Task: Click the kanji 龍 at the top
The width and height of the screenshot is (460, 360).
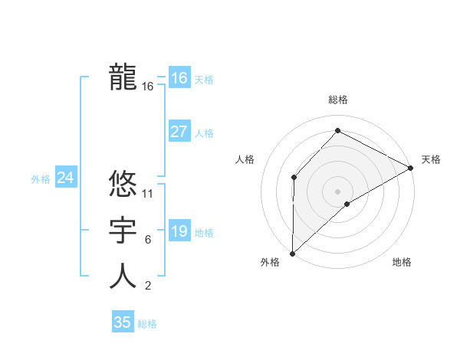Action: click(123, 77)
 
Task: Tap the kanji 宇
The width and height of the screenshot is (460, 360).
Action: click(123, 231)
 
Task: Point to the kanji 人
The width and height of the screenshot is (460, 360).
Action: click(123, 277)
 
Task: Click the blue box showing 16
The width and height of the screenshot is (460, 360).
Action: click(179, 78)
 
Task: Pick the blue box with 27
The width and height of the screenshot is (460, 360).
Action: click(179, 132)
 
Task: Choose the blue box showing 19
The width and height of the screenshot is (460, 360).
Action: click(179, 231)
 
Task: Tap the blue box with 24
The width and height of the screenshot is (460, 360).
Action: click(66, 178)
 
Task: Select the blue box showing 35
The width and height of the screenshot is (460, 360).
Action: click(123, 322)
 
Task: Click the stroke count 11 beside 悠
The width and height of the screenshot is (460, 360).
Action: click(148, 194)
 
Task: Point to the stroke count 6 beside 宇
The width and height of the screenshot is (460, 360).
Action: click(147, 240)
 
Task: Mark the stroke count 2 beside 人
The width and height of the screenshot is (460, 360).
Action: click(147, 286)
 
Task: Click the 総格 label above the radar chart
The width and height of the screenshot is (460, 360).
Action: click(337, 100)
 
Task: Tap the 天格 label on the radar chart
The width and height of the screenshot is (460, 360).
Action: click(431, 159)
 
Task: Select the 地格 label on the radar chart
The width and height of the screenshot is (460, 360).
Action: click(402, 262)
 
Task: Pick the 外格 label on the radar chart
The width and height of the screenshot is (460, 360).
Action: click(270, 262)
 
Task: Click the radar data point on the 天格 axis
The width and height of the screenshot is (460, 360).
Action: click(411, 168)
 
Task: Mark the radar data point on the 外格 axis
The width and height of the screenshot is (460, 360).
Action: click(292, 253)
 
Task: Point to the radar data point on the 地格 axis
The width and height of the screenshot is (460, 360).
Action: click(347, 204)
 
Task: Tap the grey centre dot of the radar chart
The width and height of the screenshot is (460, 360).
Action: click(337, 191)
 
